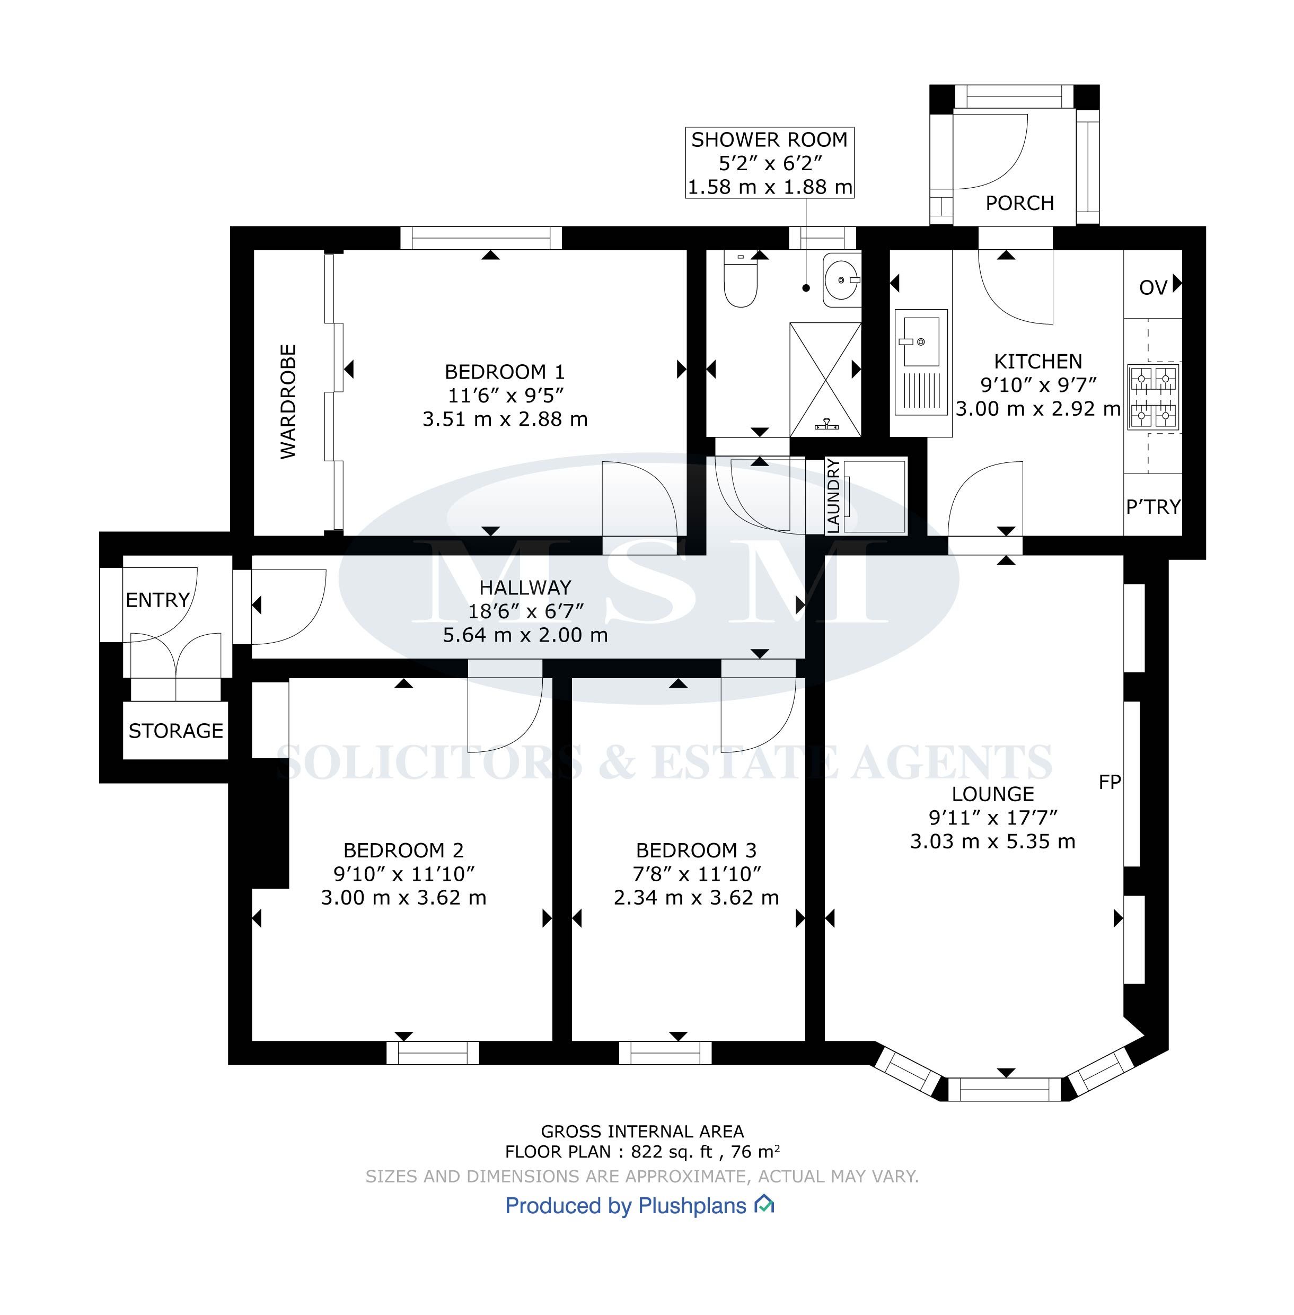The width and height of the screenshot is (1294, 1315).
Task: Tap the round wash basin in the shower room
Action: click(842, 279)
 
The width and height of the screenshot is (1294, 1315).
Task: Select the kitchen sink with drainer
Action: click(921, 362)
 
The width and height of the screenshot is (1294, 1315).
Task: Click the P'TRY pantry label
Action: click(1154, 506)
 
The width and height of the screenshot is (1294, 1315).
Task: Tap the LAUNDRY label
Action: click(833, 496)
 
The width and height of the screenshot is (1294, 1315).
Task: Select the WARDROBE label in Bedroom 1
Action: click(288, 401)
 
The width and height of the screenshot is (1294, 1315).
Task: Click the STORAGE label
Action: click(175, 731)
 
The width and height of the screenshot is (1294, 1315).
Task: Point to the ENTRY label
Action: click(157, 600)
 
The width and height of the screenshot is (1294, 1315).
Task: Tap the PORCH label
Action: click(1019, 203)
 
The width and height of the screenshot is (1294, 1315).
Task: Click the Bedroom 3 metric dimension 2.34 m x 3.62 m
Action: click(696, 898)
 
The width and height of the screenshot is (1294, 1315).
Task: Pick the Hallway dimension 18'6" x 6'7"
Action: click(525, 611)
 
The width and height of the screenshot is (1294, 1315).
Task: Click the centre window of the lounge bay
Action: click(1004, 1089)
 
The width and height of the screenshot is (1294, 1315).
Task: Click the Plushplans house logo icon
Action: click(764, 1204)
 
